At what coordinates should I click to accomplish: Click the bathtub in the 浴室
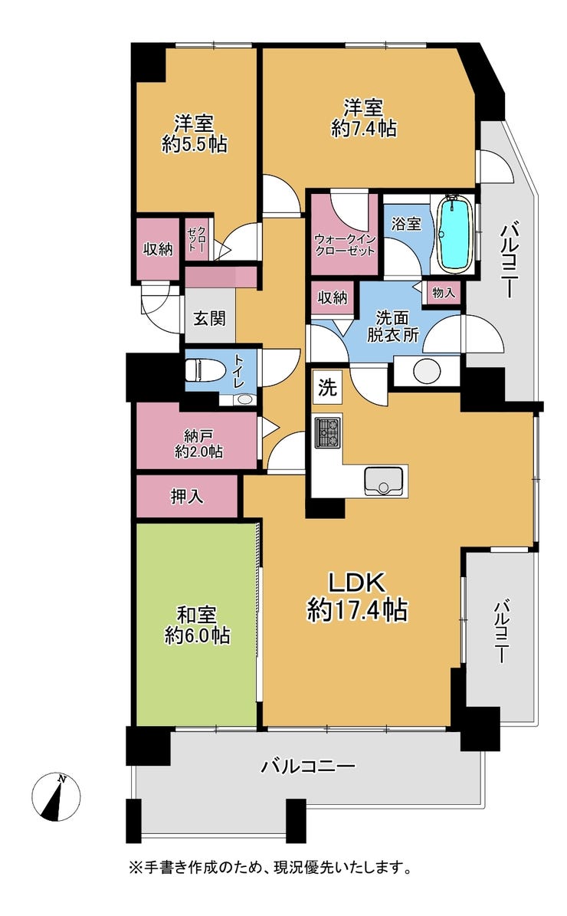(x=455, y=235)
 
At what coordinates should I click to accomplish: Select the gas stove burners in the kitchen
(x=328, y=432)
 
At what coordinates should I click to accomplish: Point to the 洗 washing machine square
(x=327, y=386)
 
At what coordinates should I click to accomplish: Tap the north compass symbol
(x=56, y=796)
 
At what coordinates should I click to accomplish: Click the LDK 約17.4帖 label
(x=357, y=596)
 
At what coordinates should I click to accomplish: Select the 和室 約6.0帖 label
(x=197, y=625)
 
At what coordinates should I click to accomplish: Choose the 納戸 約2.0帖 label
(x=198, y=444)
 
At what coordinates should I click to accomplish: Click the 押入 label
(x=187, y=497)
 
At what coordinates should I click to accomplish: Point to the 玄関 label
(x=209, y=319)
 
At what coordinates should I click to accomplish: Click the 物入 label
(x=443, y=291)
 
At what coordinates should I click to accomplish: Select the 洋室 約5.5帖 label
(x=195, y=134)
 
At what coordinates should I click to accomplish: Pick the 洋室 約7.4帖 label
(x=363, y=119)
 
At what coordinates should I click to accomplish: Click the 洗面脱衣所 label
(x=392, y=327)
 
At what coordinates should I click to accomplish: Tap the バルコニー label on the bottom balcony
(x=308, y=765)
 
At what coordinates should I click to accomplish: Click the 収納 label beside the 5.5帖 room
(x=159, y=249)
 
